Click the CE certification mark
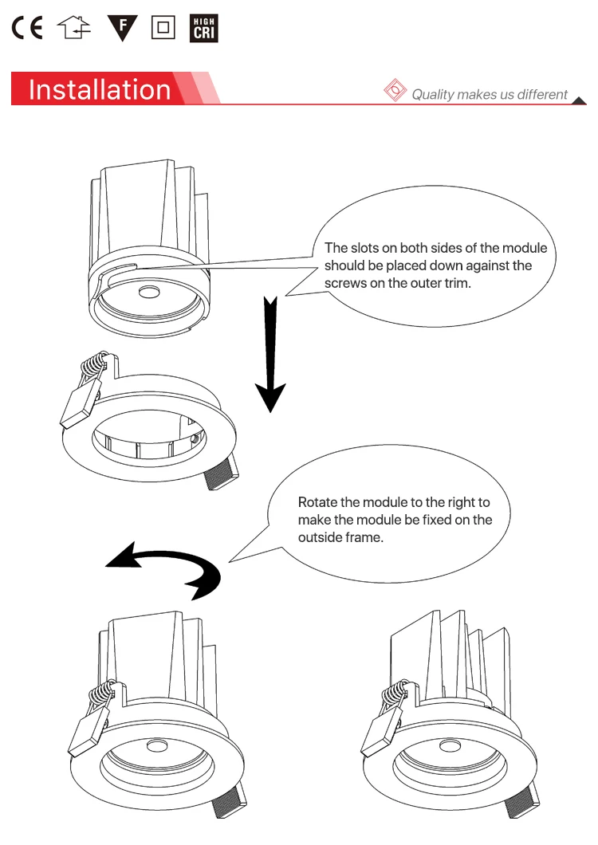click(27, 27)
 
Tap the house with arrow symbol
click(74, 27)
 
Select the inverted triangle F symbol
click(123, 28)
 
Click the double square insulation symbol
click(163, 27)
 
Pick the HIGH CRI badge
click(204, 28)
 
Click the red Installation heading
click(100, 89)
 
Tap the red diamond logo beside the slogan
click(395, 89)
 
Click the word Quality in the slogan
click(432, 95)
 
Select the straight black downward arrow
click(270, 354)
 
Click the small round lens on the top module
click(149, 292)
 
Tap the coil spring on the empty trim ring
click(94, 364)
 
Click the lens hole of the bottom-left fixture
click(157, 746)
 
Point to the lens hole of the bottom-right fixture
click(450, 746)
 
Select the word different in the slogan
click(542, 95)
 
